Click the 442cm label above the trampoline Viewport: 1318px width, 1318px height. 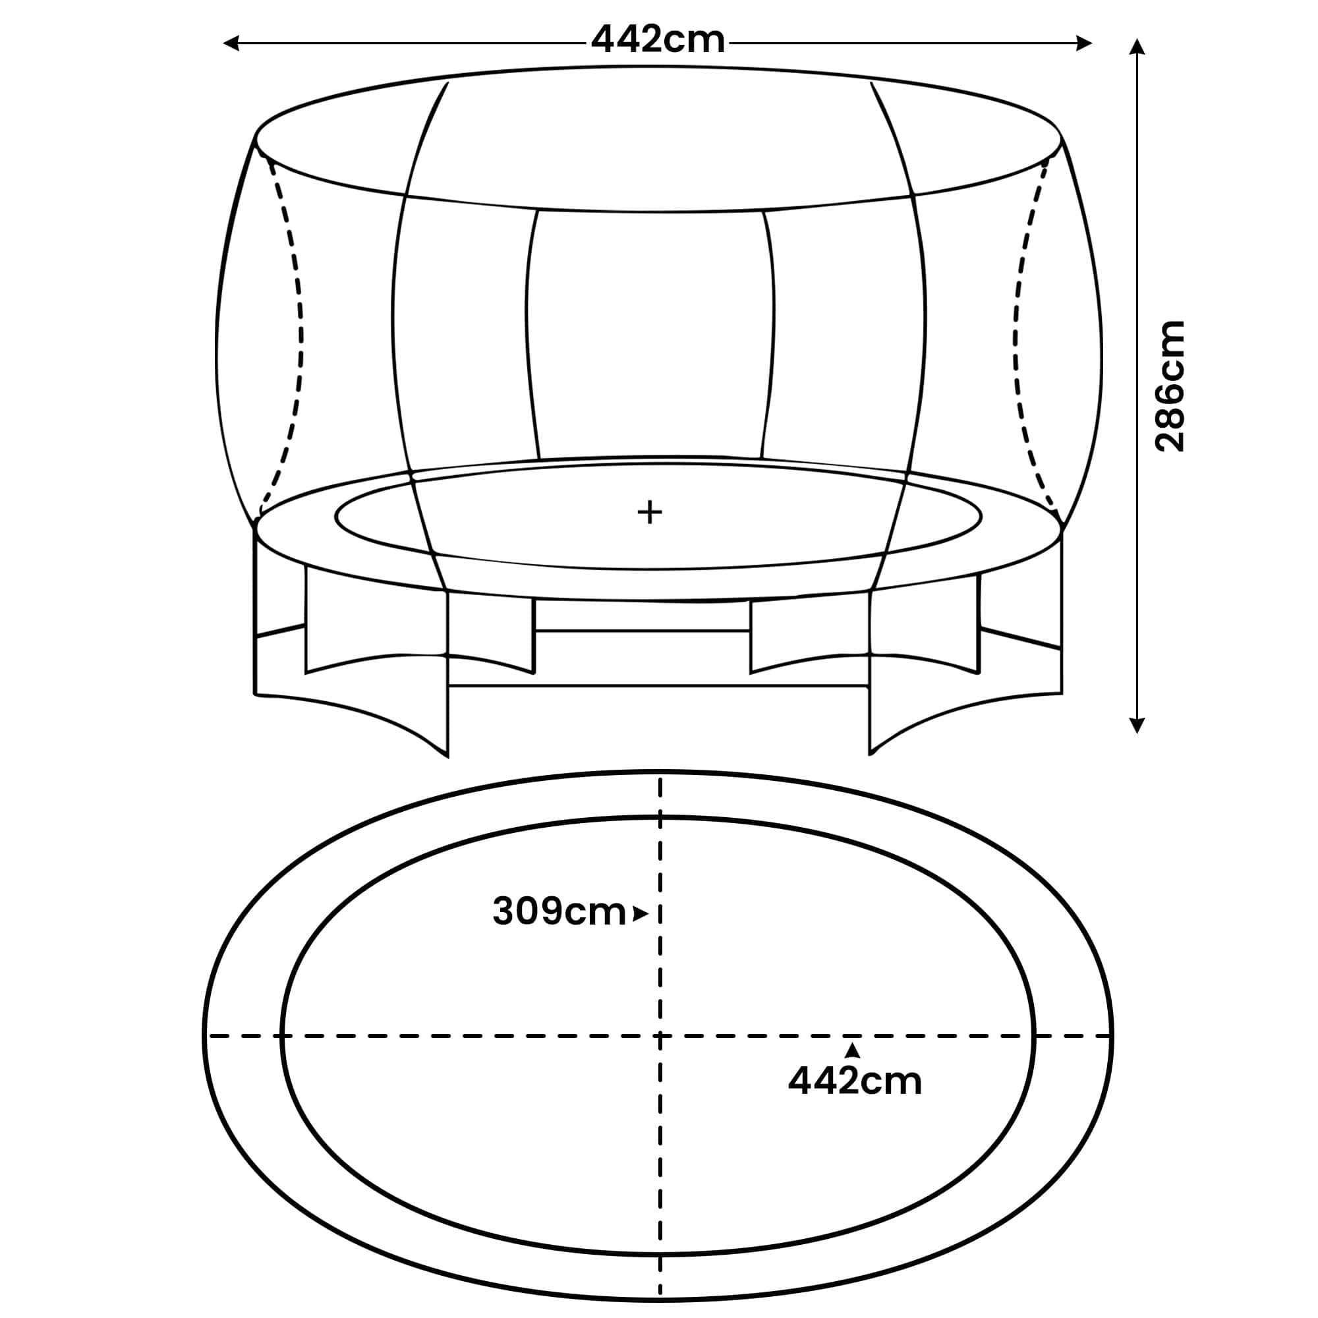pyautogui.click(x=658, y=40)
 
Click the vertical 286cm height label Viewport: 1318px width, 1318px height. pyautogui.click(x=1169, y=386)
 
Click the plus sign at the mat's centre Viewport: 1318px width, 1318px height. pyautogui.click(x=650, y=511)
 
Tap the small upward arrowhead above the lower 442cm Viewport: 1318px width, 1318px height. pyautogui.click(x=852, y=1051)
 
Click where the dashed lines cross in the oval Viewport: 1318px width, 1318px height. pyautogui.click(x=660, y=1036)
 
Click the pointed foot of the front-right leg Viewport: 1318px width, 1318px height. pyautogui.click(x=870, y=754)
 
